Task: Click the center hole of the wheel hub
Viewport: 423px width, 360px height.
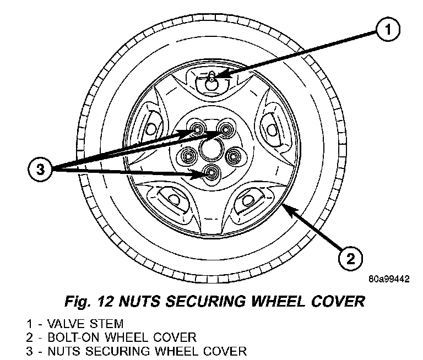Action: (x=210, y=149)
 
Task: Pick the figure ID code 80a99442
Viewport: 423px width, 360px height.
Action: (x=389, y=279)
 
